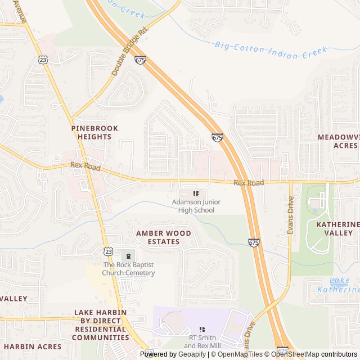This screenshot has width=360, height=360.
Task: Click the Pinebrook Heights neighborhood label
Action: click(x=94, y=132)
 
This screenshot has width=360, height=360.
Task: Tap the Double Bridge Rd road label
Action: click(x=129, y=51)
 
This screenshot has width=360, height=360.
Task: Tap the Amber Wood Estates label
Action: click(x=163, y=237)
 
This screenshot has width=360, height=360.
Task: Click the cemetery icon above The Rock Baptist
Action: click(x=128, y=256)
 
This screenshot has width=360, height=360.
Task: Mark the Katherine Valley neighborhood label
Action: click(x=337, y=228)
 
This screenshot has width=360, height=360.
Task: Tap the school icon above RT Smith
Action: click(x=202, y=329)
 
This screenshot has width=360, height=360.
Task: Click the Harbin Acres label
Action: click(x=30, y=346)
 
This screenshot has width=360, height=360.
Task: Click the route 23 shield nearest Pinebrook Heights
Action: click(x=43, y=60)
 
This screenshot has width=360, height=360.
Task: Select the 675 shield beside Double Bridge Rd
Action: click(x=140, y=60)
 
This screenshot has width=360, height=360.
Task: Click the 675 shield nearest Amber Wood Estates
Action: click(x=254, y=242)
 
